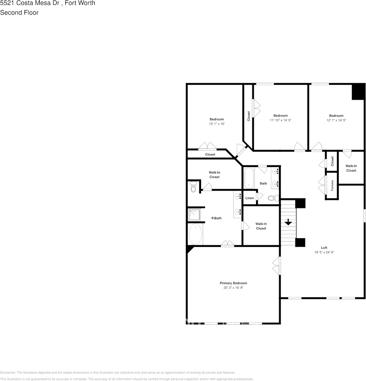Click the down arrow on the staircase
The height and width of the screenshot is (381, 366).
[288, 222]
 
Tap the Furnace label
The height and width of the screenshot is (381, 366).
[332, 185]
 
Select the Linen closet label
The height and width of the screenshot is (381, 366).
[250, 198]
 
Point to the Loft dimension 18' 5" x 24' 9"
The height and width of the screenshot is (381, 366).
[324, 253]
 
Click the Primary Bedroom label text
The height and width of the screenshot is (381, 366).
[233, 283]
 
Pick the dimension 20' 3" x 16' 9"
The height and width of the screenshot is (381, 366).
[233, 288]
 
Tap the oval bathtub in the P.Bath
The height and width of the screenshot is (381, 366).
[195, 234]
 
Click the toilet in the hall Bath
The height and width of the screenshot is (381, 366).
[272, 198]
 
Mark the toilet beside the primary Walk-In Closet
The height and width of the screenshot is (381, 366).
[193, 187]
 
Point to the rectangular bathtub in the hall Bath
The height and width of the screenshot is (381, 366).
[249, 178]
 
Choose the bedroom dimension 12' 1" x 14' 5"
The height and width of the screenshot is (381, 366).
[336, 120]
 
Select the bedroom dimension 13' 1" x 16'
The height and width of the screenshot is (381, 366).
[216, 124]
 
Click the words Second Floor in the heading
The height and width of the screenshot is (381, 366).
[19, 12]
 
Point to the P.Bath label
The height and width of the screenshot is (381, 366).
[217, 218]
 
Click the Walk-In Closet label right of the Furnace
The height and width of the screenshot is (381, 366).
[351, 168]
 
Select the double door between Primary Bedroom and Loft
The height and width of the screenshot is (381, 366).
[276, 267]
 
